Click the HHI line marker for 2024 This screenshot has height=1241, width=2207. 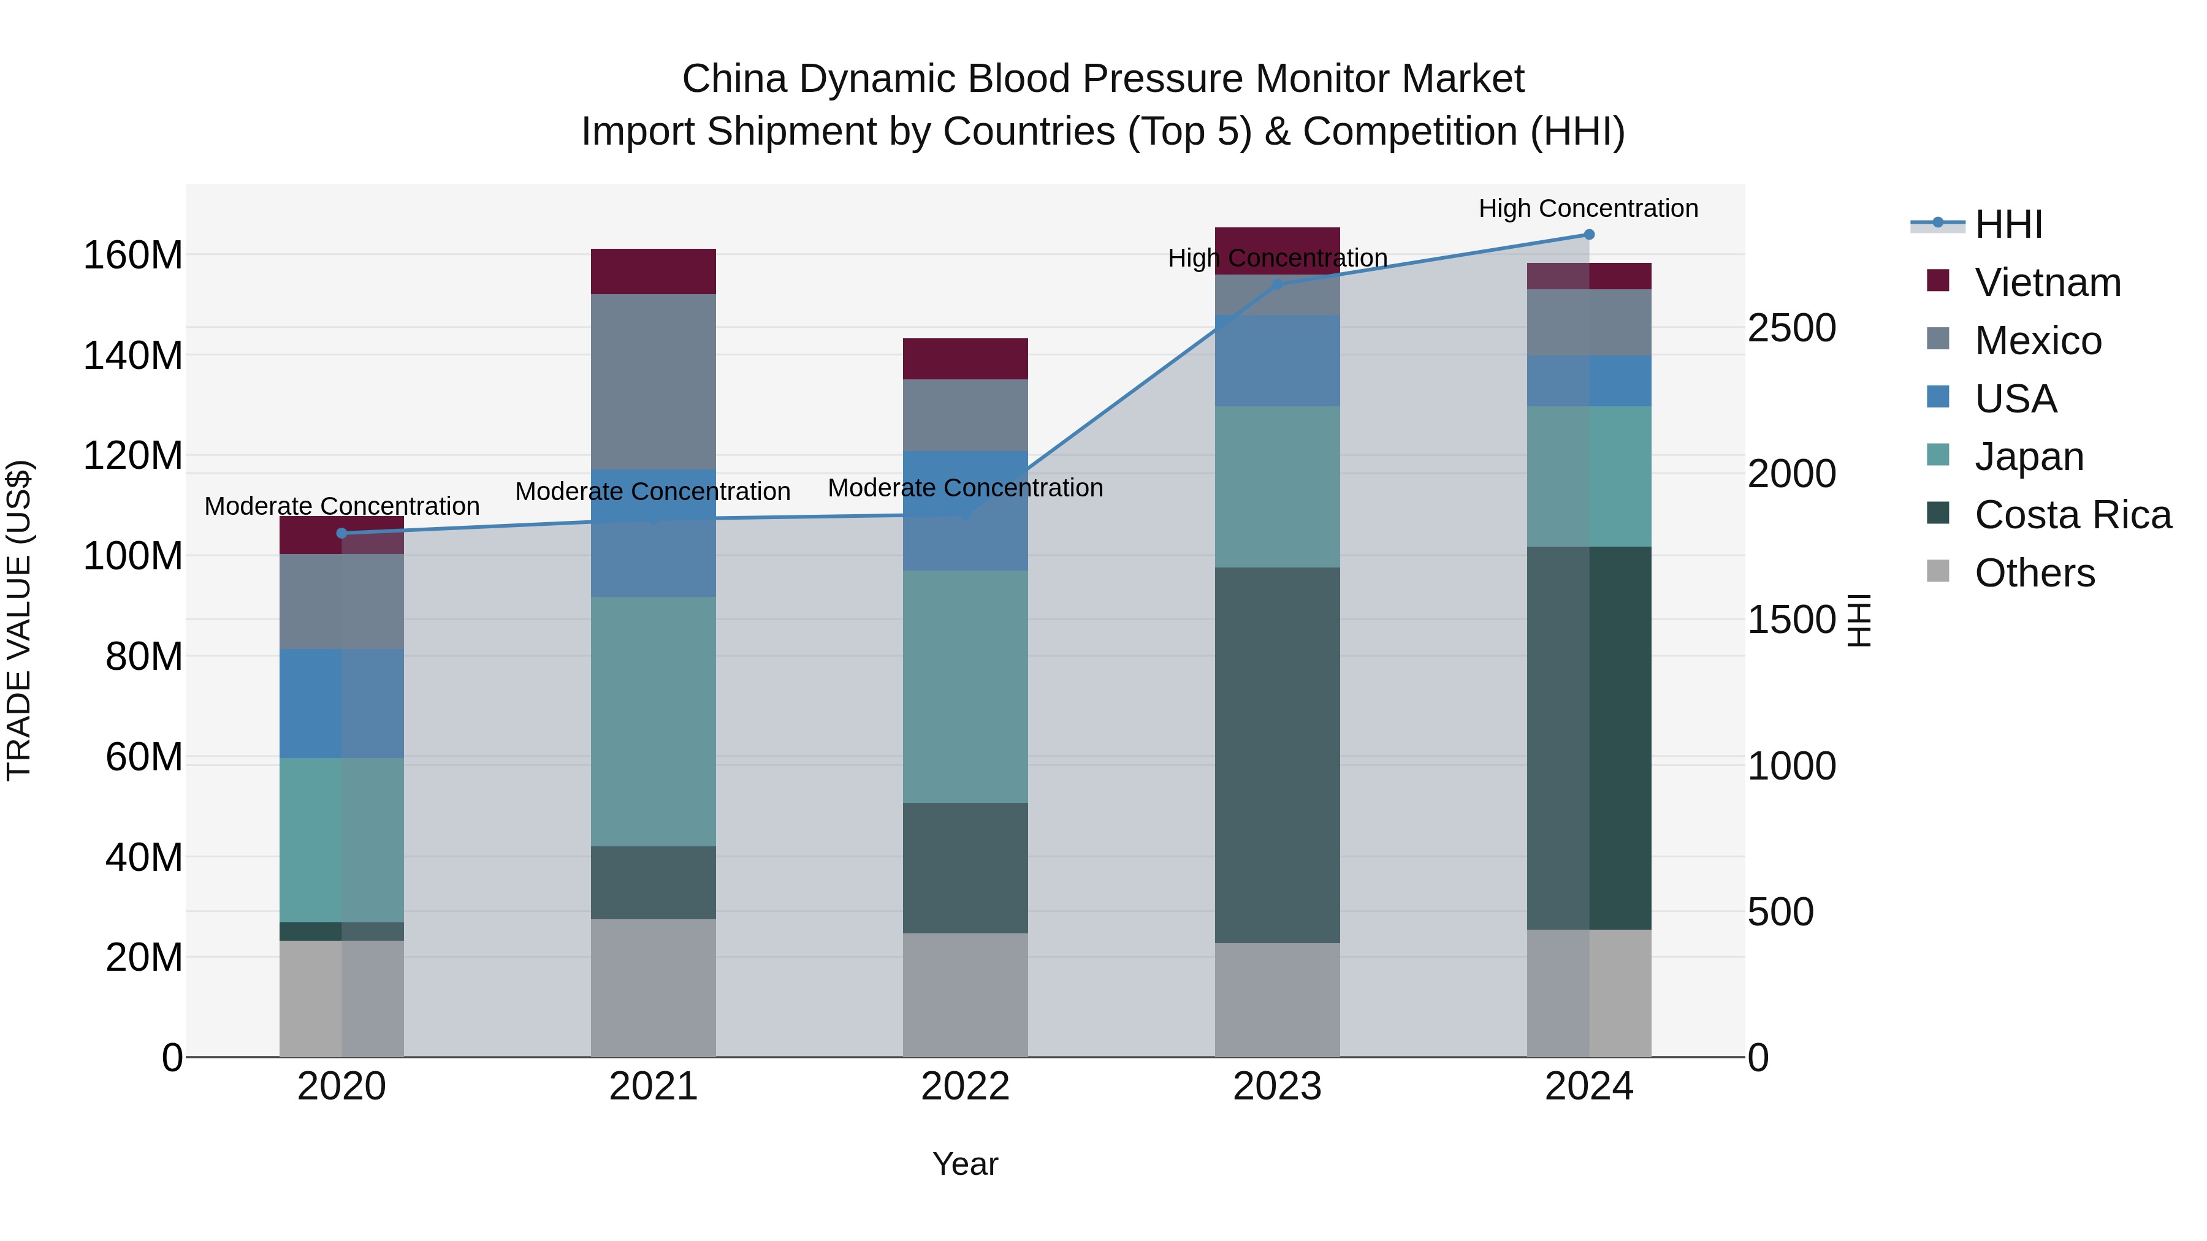click(x=1588, y=235)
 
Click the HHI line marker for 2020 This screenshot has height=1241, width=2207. click(x=342, y=533)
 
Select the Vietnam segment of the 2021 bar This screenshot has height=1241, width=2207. click(x=653, y=271)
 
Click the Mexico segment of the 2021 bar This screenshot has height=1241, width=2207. click(x=653, y=381)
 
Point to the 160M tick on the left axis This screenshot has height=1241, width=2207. click(x=133, y=255)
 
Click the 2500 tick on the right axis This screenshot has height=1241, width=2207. click(x=1791, y=328)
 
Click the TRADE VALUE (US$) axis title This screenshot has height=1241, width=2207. click(x=19, y=620)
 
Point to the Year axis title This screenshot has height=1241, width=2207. click(x=965, y=1164)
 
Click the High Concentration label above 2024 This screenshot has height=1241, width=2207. click(x=1588, y=208)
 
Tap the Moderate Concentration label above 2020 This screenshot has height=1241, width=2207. click(x=342, y=506)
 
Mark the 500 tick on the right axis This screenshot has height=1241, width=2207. click(x=1780, y=912)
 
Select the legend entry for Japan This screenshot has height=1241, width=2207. click(x=2028, y=457)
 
